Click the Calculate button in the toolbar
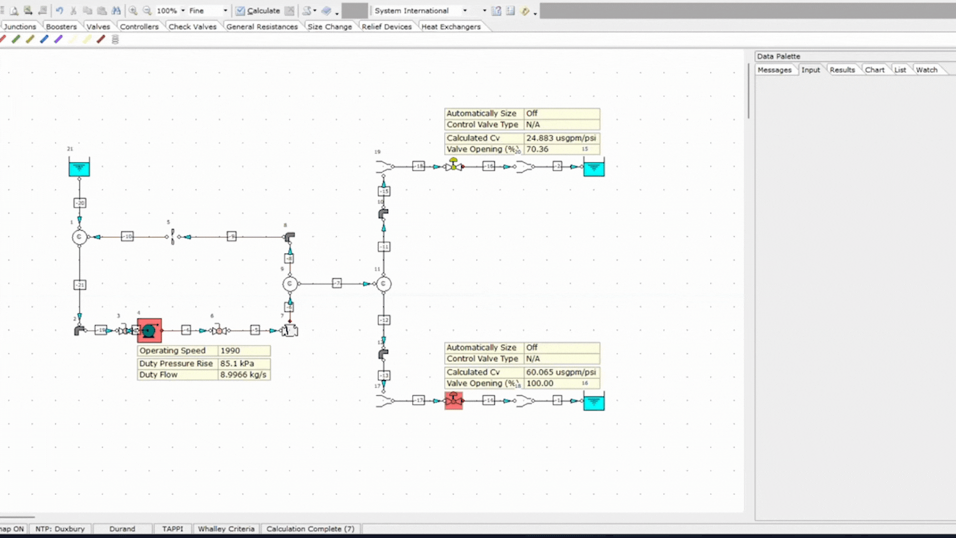[x=258, y=10]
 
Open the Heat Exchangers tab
[x=451, y=27]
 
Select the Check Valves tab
[x=192, y=27]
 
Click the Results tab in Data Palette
[x=842, y=70]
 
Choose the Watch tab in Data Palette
[x=926, y=70]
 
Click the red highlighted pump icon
[x=149, y=330]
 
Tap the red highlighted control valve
[x=453, y=401]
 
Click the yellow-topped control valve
[x=454, y=165]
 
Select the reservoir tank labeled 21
[x=79, y=167]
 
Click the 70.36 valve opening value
[x=537, y=149]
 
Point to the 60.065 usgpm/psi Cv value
[x=561, y=372]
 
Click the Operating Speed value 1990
[x=230, y=351]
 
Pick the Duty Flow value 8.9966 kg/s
[x=243, y=375]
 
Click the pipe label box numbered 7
[x=337, y=283]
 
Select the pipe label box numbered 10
[x=127, y=237]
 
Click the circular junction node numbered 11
[x=383, y=284]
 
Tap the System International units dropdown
[x=421, y=10]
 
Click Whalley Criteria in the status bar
[x=226, y=529]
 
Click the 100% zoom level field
[x=167, y=10]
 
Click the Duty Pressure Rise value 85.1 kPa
[x=237, y=364]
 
